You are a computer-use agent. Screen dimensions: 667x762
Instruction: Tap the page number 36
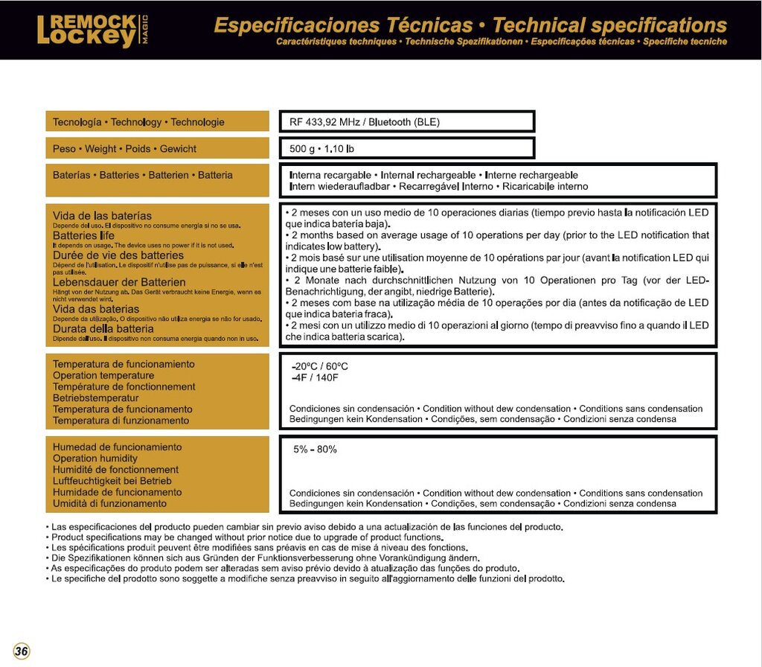(x=22, y=651)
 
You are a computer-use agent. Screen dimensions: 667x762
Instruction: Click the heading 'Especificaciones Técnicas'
(x=343, y=25)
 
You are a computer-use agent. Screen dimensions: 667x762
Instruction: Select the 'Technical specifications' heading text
(x=609, y=25)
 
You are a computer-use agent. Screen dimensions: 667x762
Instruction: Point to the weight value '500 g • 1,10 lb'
(x=321, y=149)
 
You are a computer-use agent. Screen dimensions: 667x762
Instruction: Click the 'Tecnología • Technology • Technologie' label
(x=138, y=122)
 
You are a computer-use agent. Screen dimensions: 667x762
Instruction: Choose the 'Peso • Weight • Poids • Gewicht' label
(x=124, y=149)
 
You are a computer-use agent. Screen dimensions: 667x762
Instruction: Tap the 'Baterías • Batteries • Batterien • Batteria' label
(x=143, y=176)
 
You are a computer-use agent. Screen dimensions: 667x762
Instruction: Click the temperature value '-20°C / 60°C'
(x=320, y=366)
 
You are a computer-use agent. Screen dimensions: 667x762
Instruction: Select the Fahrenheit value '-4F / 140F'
(x=315, y=377)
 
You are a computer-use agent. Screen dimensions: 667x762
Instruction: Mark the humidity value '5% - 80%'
(x=316, y=450)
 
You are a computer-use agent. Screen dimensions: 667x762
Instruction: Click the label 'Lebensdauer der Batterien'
(x=119, y=282)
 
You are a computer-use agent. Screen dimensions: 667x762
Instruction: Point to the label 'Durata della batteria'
(x=103, y=328)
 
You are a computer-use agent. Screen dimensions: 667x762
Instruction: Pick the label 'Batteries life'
(x=84, y=235)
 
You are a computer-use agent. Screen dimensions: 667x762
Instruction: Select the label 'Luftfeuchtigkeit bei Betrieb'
(x=112, y=481)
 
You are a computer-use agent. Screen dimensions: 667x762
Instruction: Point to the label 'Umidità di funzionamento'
(x=109, y=503)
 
